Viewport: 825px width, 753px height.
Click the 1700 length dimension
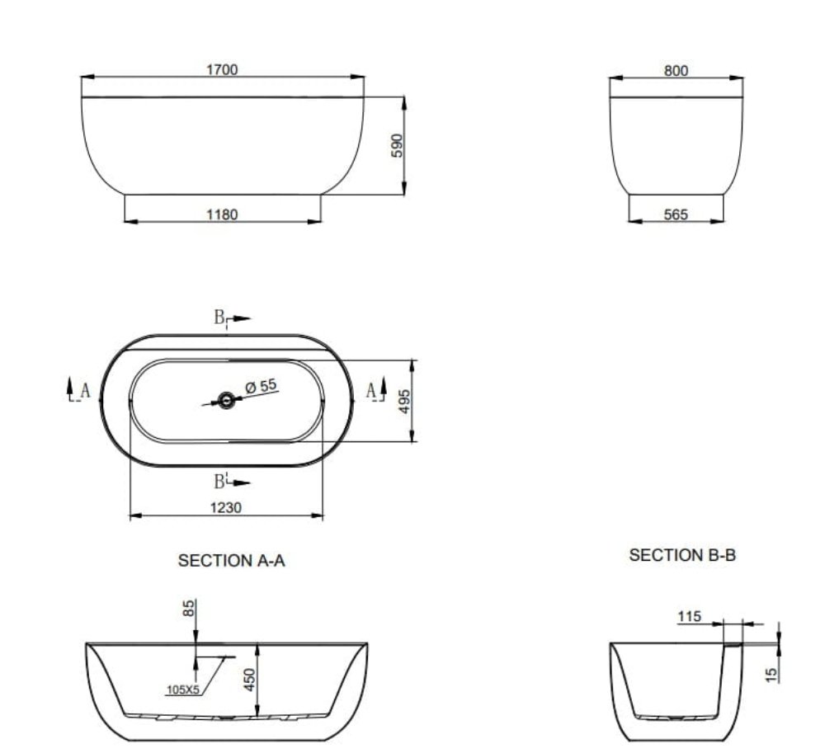tap(222, 69)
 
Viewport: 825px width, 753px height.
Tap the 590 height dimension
tap(398, 146)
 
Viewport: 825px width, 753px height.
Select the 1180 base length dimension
tap(222, 214)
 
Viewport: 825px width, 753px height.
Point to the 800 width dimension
tap(676, 70)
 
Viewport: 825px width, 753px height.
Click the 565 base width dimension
tap(676, 214)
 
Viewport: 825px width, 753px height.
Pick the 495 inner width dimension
tap(404, 401)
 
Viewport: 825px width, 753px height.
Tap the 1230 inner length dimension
tap(226, 507)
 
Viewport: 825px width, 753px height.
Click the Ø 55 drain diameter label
tap(261, 386)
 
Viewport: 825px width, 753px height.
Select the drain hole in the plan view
tap(226, 401)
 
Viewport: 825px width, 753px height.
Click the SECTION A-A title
tap(232, 561)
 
